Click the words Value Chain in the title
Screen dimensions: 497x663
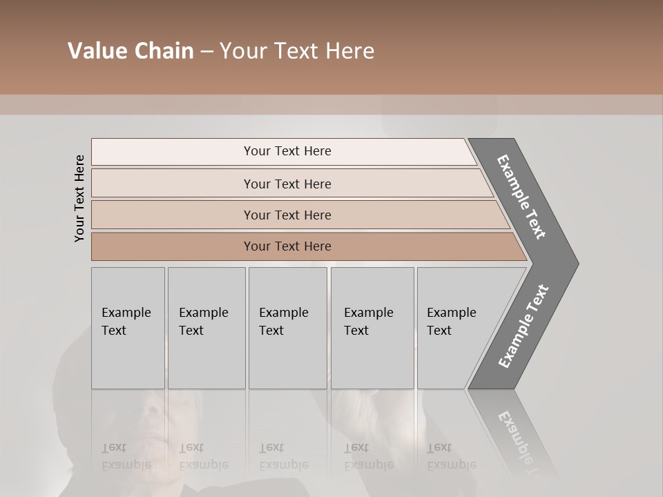131,51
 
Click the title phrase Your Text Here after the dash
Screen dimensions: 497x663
297,51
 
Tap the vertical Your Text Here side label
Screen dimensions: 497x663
79,198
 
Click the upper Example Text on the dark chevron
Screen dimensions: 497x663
521,197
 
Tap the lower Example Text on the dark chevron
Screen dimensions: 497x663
523,327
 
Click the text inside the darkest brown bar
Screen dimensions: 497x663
287,246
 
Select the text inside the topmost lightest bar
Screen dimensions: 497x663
287,151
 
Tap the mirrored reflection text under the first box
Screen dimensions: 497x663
126,457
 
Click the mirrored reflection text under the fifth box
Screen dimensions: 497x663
451,457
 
